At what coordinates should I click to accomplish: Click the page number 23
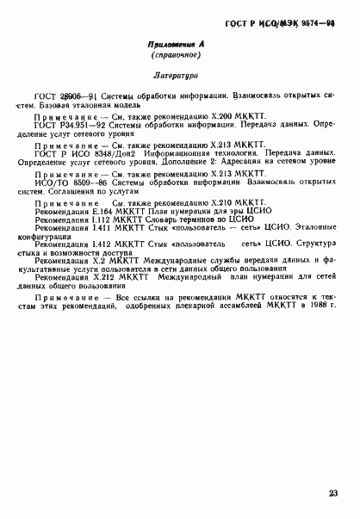332,493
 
